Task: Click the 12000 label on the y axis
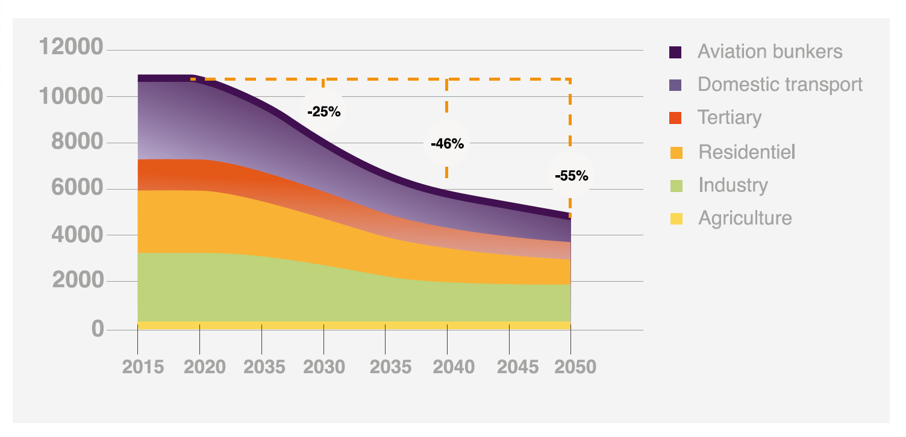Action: (70, 46)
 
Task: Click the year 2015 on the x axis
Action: (143, 367)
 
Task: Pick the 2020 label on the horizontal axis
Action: (205, 367)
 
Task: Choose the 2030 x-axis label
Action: (325, 367)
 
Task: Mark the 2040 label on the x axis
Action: (448, 367)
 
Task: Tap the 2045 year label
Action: (510, 367)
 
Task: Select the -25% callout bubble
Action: (324, 111)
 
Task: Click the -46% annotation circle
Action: (447, 144)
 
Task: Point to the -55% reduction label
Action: (571, 176)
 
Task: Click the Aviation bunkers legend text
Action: (770, 51)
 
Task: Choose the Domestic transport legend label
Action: (780, 84)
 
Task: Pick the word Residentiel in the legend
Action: (747, 152)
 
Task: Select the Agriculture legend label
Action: (745, 218)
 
